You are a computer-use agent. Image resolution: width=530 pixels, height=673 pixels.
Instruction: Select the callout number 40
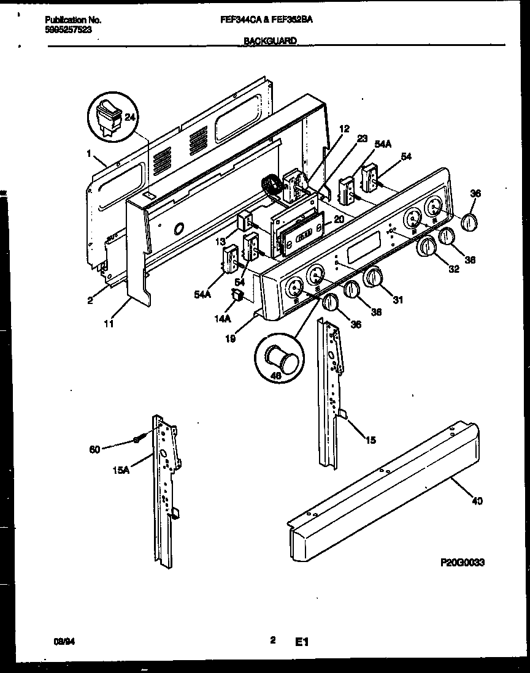[x=477, y=501]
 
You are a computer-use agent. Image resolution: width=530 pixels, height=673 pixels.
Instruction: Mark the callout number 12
[x=344, y=129]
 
